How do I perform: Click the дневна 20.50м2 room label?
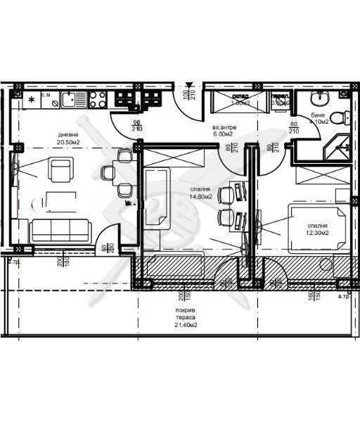69,136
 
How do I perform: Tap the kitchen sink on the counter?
72,99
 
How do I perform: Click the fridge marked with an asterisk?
32,100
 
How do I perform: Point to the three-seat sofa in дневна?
60,229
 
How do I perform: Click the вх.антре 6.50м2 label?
225,131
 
